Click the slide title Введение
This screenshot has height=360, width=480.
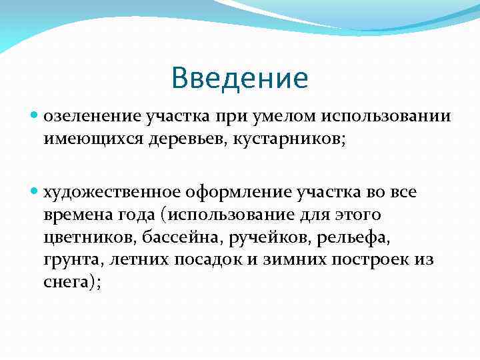click(x=239, y=78)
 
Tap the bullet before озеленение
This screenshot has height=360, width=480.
click(x=35, y=116)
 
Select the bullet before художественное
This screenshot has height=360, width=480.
click(x=35, y=193)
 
